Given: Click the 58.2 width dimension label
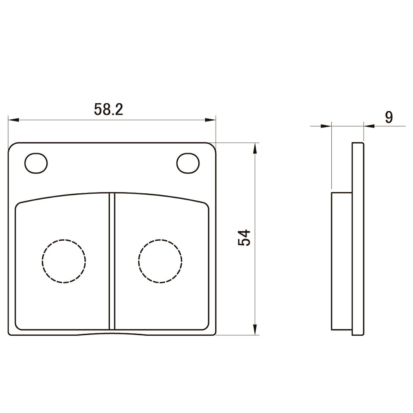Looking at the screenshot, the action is tap(109, 109).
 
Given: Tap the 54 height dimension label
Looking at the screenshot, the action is tap(244, 238).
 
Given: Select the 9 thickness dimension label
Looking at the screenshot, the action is tap(389, 117).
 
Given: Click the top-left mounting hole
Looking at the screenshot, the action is tap(36, 163).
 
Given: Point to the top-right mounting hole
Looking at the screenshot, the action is tap(188, 163).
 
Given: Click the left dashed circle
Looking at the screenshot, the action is tap(64, 261).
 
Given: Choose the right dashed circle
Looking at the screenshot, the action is tap(160, 261).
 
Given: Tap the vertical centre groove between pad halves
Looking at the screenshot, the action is tap(112, 261).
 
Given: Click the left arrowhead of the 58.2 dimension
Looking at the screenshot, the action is tap(14, 120).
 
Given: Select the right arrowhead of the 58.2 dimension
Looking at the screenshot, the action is tap(210, 120).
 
